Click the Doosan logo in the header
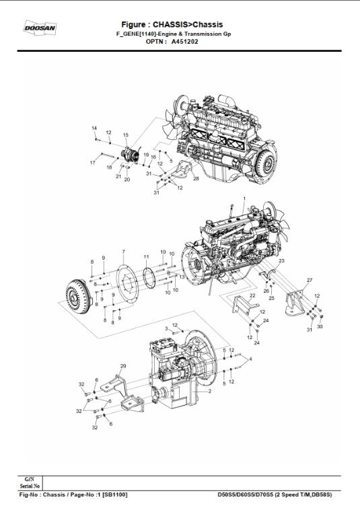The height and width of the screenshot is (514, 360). (x=40, y=28)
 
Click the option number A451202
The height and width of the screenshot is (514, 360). (x=183, y=41)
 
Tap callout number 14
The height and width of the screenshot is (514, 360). (x=94, y=128)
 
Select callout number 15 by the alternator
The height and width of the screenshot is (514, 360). (x=125, y=135)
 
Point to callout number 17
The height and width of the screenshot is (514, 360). (x=92, y=163)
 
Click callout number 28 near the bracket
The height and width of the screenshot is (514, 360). (x=196, y=179)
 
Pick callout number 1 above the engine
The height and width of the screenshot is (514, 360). (x=244, y=198)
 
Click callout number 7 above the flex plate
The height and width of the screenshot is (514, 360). (x=123, y=252)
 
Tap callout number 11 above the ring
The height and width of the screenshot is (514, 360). (x=146, y=257)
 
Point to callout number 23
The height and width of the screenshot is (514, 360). (x=282, y=260)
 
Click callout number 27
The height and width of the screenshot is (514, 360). (x=310, y=279)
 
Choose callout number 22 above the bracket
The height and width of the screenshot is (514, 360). (x=252, y=295)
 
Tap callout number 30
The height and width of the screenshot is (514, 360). (x=320, y=326)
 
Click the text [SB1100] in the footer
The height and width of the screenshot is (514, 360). (x=115, y=494)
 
